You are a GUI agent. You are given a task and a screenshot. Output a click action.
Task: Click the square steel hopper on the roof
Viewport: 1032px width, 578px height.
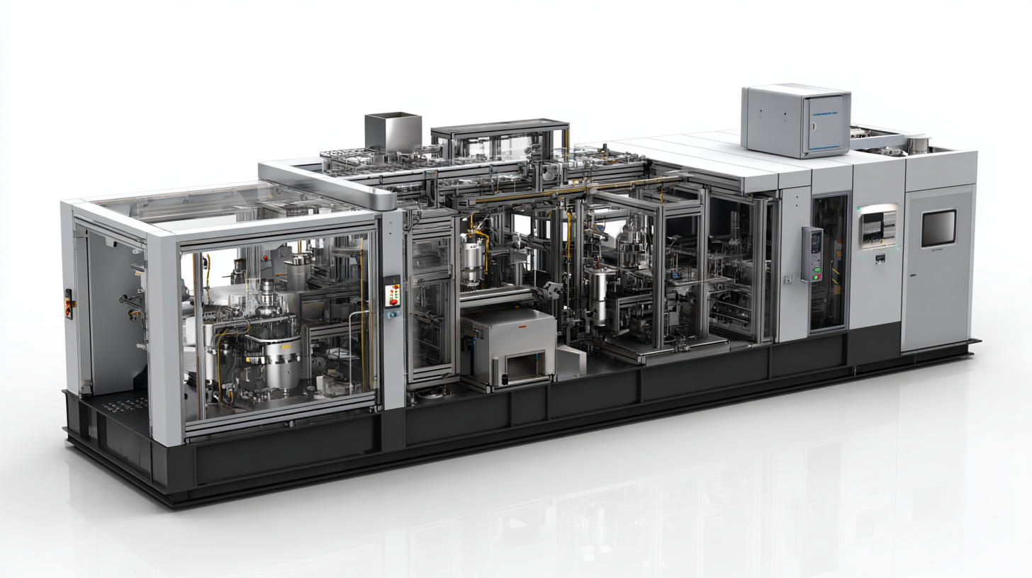tap(393, 131)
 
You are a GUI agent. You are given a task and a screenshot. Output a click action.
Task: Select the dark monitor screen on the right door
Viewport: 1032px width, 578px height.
tap(938, 227)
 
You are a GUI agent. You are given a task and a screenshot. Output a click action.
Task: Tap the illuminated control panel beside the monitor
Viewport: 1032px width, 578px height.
tap(878, 226)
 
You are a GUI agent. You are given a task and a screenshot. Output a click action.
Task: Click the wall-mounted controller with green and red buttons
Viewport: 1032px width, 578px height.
tap(812, 254)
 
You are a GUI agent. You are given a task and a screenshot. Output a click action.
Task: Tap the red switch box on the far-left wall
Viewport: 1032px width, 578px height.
tap(69, 304)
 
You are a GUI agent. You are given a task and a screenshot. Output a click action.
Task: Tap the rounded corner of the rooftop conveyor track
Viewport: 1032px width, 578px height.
tap(383, 199)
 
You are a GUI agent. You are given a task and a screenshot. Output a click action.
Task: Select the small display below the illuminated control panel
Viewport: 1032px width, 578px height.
tap(879, 259)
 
